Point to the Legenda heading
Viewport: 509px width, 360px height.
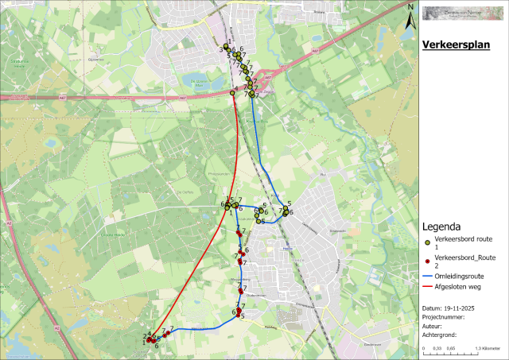tap(444, 226)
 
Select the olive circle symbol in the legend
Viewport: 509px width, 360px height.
tap(428, 242)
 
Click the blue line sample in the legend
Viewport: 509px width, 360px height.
tap(428, 275)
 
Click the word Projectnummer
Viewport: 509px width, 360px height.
tap(441, 316)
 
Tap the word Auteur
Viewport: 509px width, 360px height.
tap(431, 326)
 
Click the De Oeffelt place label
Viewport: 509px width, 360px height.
tap(184, 192)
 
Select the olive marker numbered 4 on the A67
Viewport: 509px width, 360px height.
tap(232, 93)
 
